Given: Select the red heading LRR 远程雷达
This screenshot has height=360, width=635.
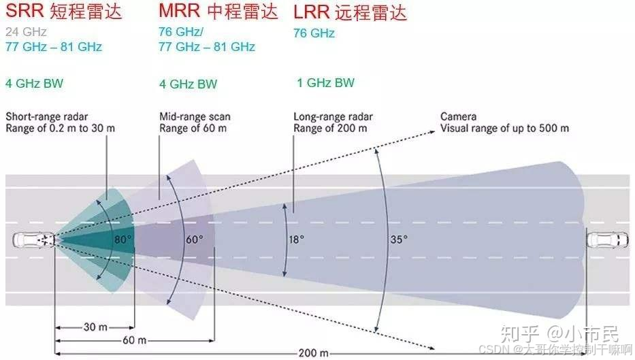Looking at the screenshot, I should (x=350, y=13).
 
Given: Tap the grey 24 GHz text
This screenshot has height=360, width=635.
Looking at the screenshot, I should (x=26, y=32).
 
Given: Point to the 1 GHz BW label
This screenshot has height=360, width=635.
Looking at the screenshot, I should (x=325, y=83).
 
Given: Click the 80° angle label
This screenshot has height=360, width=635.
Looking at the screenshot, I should (x=123, y=240).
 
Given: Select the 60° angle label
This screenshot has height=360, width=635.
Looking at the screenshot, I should (x=195, y=240).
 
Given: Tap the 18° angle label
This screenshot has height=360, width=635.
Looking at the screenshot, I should (x=296, y=240).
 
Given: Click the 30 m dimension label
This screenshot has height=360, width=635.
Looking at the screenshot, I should (x=95, y=327).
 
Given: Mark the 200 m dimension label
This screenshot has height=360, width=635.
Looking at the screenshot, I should (x=314, y=353).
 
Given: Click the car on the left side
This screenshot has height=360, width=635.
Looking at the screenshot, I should (x=31, y=240).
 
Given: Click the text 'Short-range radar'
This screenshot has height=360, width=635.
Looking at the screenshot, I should (x=46, y=116).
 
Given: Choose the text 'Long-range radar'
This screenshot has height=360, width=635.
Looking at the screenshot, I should (x=333, y=117).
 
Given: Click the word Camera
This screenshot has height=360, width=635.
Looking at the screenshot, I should (x=458, y=116).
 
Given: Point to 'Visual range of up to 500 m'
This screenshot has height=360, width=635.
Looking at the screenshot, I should (x=504, y=128).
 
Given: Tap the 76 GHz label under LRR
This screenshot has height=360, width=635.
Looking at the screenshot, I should (x=314, y=33).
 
